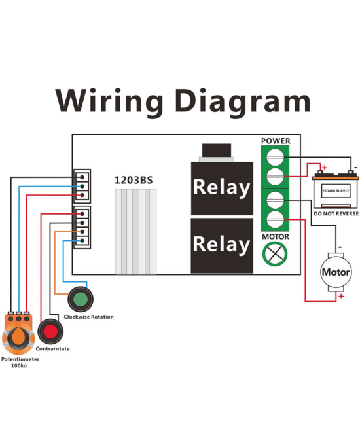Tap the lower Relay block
[221, 245]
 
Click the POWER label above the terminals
[276, 141]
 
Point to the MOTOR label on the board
[276, 236]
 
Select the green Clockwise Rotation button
[80, 300]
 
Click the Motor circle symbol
[335, 272]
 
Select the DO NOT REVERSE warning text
[335, 214]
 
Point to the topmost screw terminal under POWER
[276, 158]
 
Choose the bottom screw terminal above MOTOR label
[276, 219]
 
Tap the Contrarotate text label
[52, 349]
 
